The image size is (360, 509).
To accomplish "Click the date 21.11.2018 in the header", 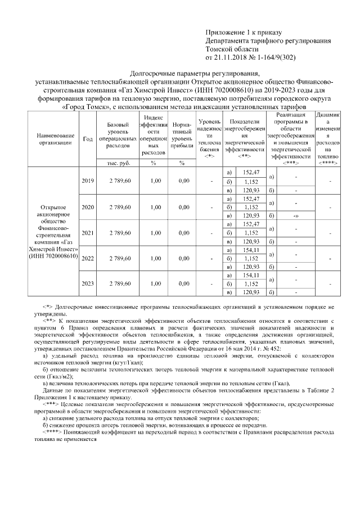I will [x=231, y=57].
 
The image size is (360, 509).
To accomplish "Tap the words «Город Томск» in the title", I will [x=83, y=107].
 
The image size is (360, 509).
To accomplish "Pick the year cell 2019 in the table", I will [x=87, y=181].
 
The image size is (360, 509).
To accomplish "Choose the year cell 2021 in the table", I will [x=87, y=232].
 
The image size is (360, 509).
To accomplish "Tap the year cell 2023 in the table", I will [x=87, y=283].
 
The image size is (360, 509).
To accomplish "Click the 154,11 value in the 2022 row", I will [x=250, y=250].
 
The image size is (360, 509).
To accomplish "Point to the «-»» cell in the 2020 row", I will [x=296, y=215].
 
